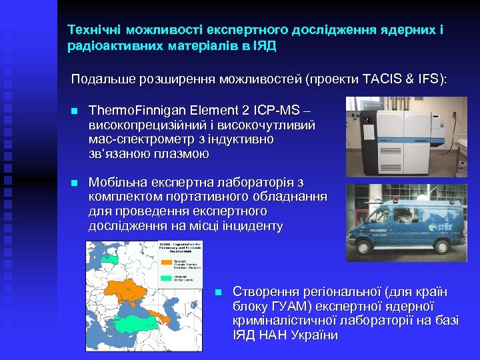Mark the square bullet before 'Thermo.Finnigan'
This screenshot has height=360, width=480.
(x=75, y=111)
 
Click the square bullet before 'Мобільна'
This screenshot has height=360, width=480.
(x=75, y=183)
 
